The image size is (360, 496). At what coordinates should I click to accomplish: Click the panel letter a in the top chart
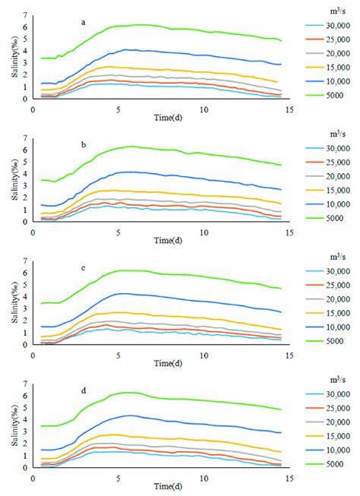(x=84, y=23)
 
